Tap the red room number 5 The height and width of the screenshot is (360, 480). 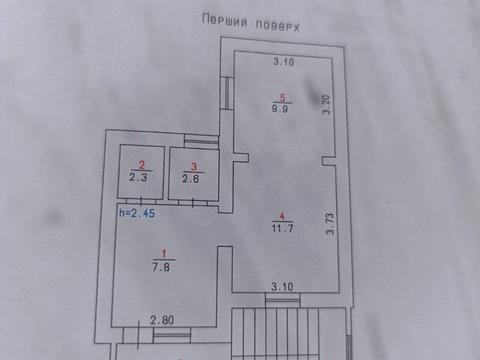point(283,98)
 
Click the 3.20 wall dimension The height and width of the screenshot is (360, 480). point(326,103)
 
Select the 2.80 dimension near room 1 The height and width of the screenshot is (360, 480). point(162,320)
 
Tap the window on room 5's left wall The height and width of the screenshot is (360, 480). point(229,95)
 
